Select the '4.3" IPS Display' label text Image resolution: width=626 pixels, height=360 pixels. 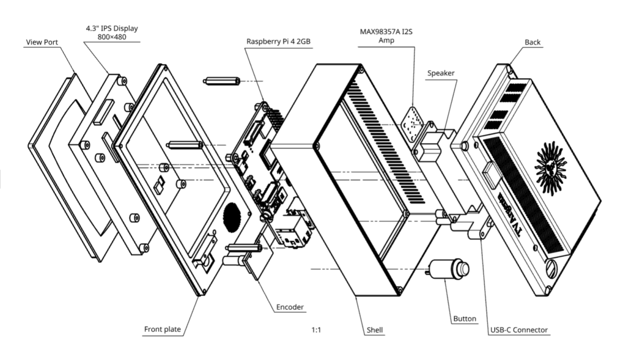111,28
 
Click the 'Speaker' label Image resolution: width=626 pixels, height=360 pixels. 441,73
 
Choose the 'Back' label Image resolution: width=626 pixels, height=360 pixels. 532,42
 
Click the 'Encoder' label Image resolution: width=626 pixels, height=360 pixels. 290,307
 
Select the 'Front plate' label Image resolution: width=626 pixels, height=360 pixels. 162,329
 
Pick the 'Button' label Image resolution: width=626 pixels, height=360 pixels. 465,318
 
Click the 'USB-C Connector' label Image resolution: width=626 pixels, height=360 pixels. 519,330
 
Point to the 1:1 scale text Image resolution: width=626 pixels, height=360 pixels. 316,330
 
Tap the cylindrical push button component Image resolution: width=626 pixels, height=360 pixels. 449,269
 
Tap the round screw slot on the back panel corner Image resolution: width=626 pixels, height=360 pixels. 551,267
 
